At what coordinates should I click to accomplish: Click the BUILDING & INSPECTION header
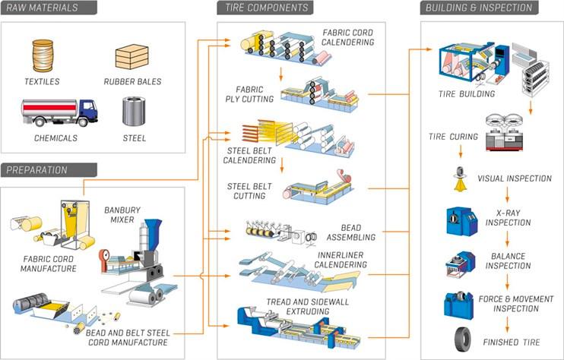(x=480, y=8)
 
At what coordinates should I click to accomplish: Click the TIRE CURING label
(x=452, y=137)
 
